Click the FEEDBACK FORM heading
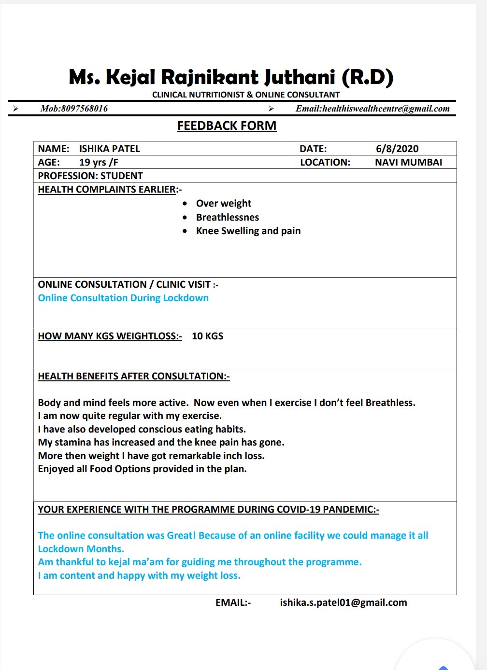[x=227, y=126]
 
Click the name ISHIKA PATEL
[x=110, y=149]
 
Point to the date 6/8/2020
[x=397, y=149]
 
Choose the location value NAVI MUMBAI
[x=408, y=162]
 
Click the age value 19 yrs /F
[x=99, y=162]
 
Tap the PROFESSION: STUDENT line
[x=90, y=176]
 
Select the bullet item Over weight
[x=224, y=203]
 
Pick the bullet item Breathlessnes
[x=228, y=217]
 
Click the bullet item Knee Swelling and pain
[x=248, y=231]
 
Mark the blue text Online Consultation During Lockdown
[x=123, y=298]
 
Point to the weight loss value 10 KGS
[x=208, y=336]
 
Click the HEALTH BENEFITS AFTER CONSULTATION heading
[x=134, y=376]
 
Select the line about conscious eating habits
[x=142, y=429]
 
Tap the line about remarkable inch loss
[x=151, y=456]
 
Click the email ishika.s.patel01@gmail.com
[x=344, y=602]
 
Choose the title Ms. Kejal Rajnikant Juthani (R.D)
[x=231, y=77]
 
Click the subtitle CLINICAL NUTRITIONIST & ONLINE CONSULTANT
[x=246, y=95]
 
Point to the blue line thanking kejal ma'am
[x=200, y=562]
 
